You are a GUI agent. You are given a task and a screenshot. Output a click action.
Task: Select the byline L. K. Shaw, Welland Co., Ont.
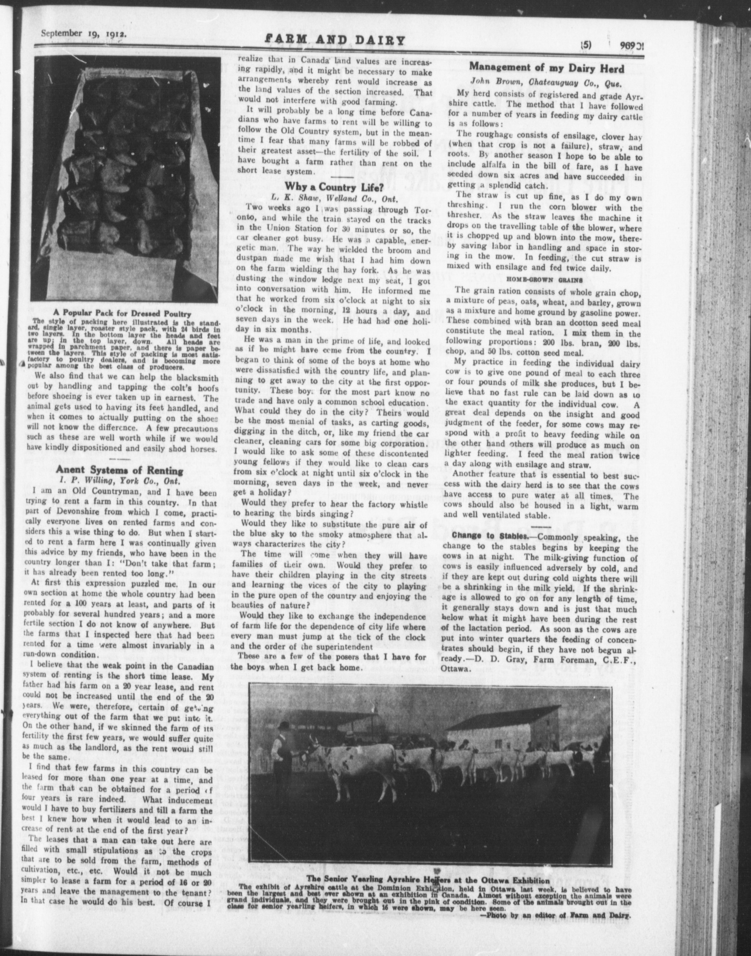tap(335, 198)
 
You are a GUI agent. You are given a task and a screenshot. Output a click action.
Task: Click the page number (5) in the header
tap(586, 44)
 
